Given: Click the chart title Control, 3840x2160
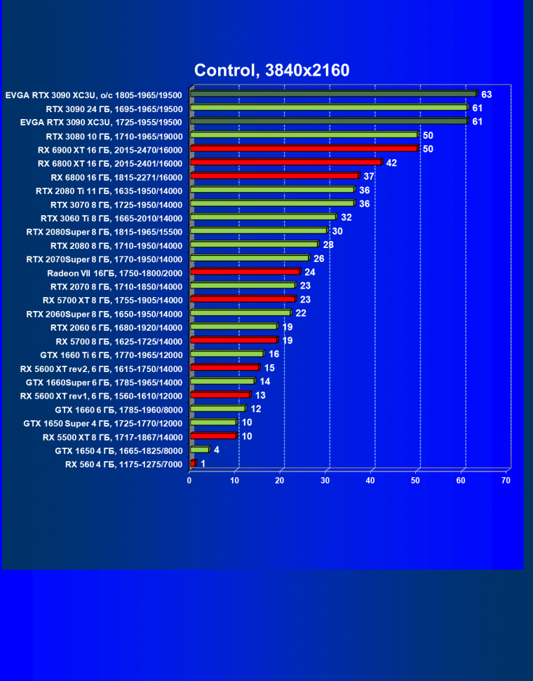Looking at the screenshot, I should [x=271, y=70].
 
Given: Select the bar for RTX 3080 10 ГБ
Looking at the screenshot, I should [x=303, y=135].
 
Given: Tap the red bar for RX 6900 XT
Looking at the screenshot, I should [x=303, y=149].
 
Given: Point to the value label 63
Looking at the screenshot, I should [x=486, y=94].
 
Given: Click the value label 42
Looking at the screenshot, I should [x=391, y=163].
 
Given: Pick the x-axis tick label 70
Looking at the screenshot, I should [x=506, y=480].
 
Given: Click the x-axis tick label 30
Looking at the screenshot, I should [x=325, y=480].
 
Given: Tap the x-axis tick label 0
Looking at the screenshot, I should [x=189, y=480].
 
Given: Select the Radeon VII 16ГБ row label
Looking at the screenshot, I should [x=114, y=273].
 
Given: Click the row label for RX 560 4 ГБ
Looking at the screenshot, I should [x=123, y=465].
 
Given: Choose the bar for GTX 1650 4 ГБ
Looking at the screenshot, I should [x=199, y=450].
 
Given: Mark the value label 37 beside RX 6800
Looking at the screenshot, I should [x=369, y=176].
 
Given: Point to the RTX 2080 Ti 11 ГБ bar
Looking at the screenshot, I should [x=271, y=190].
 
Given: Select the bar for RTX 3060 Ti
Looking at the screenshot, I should [x=262, y=217].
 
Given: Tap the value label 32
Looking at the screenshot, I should [x=346, y=217].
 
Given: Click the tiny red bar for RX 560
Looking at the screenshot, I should [x=193, y=463].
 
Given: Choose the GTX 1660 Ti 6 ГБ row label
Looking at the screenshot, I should [x=113, y=355].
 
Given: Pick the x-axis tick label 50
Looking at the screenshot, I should [x=415, y=480].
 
